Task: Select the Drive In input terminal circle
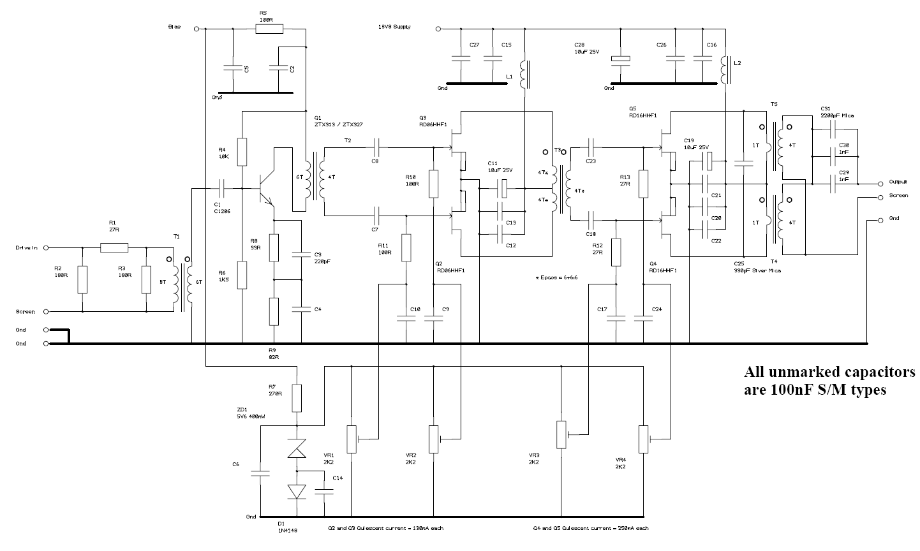coord(46,248)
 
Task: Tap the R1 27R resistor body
coord(114,248)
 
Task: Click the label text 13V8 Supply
coord(394,27)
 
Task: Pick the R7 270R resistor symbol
coord(297,398)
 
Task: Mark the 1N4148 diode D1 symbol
coord(297,491)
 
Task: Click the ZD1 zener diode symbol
coord(297,450)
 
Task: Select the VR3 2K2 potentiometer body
coord(561,434)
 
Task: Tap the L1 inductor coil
coord(524,75)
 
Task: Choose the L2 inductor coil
coord(725,70)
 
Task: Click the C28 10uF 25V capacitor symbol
coord(620,59)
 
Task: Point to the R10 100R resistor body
coord(433,184)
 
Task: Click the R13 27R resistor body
coord(643,184)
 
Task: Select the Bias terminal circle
coord(196,29)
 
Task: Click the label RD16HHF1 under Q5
coord(642,115)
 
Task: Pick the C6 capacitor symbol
coord(261,473)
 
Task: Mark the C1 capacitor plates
coord(220,188)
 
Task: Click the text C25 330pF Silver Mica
coord(757,267)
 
